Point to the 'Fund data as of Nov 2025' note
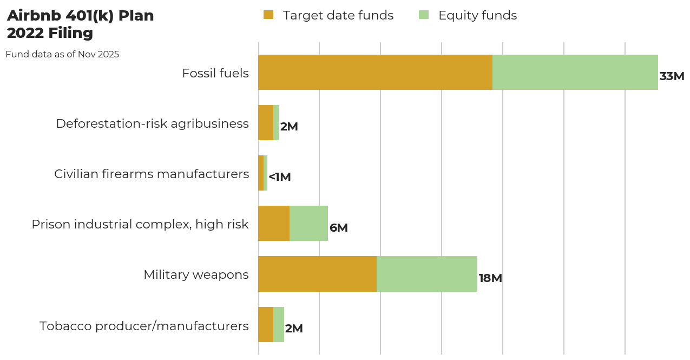click(62, 55)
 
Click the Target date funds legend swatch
click(268, 15)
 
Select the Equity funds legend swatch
click(424, 15)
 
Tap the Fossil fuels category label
click(215, 73)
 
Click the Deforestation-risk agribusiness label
click(152, 123)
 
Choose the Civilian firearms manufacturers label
click(152, 174)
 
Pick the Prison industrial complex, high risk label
click(140, 224)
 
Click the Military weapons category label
click(196, 274)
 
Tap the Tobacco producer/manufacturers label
click(144, 326)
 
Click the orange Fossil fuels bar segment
click(375, 72)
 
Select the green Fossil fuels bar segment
click(575, 72)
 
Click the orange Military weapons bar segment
click(317, 274)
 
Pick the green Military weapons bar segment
click(427, 274)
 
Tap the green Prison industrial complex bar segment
click(308, 223)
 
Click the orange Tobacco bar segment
click(266, 324)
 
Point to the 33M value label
click(672, 76)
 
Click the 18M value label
click(490, 278)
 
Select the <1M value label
click(280, 177)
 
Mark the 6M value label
click(339, 228)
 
